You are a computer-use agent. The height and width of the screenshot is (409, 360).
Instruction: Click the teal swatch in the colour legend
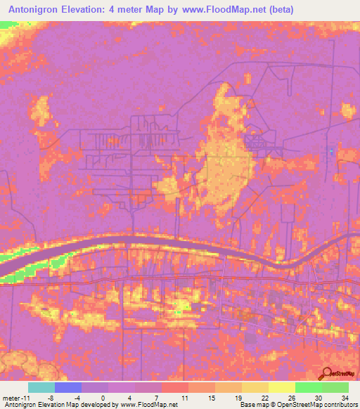click(41, 387)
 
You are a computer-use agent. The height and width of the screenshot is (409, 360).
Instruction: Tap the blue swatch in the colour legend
click(68, 387)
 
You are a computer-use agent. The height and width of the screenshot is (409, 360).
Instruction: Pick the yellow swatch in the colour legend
click(281, 387)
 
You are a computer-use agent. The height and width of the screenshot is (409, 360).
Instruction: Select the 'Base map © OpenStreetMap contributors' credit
click(298, 405)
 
